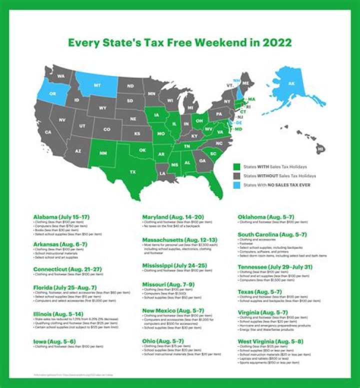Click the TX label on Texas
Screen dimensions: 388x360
[x=132, y=172]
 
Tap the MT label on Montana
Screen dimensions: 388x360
[x=98, y=85]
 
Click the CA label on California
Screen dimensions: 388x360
[x=48, y=132]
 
